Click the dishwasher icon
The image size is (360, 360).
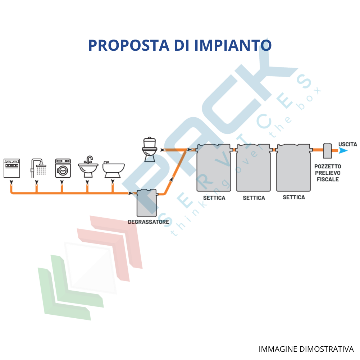(12, 168)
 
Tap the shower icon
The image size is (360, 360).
(38, 168)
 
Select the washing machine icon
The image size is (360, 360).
(63, 168)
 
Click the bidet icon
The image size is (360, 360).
(113, 169)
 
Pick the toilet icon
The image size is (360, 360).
(150, 150)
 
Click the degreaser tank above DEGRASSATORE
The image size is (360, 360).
(147, 203)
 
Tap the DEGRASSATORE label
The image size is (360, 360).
(149, 222)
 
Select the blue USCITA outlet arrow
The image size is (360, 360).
(343, 151)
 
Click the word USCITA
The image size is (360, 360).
(348, 145)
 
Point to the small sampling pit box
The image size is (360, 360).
(327, 151)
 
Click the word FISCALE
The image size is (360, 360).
(328, 179)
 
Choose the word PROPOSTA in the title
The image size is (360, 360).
(129, 45)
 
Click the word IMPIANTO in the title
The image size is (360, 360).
(233, 45)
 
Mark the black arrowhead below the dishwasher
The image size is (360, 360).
(12, 182)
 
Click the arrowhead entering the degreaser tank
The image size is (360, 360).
(131, 193)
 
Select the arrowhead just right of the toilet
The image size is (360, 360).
(163, 150)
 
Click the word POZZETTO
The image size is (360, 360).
(328, 167)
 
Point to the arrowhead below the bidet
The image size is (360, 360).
(113, 182)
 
